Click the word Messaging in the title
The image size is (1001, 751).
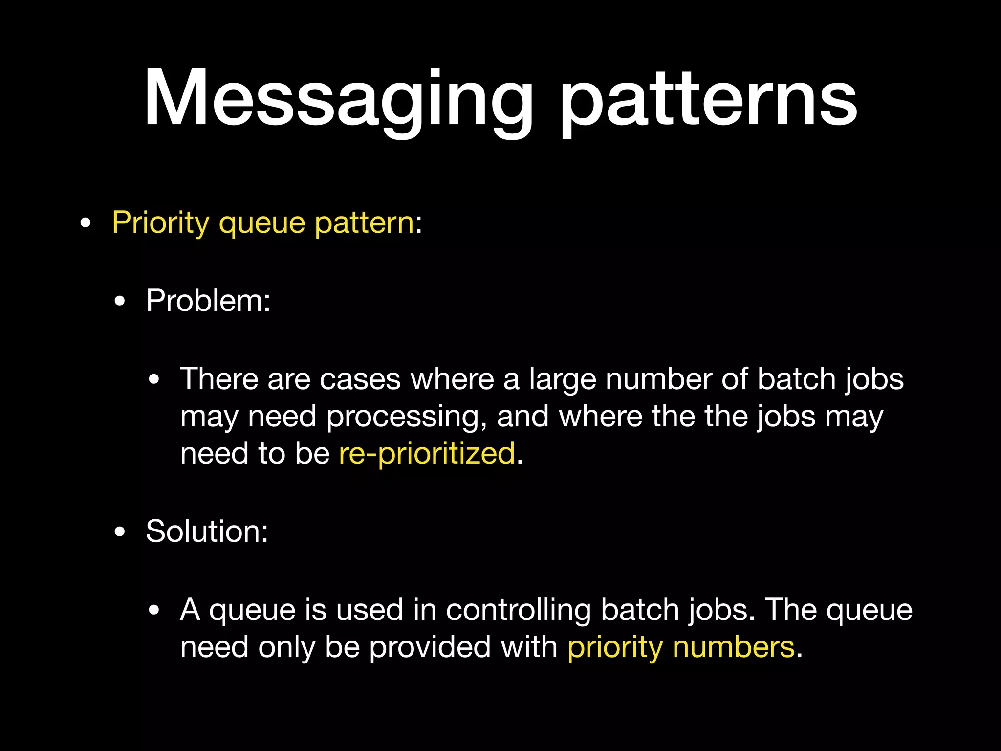337,100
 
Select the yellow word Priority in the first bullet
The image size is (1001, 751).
160,223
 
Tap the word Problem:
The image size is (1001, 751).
208,300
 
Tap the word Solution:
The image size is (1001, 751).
207,531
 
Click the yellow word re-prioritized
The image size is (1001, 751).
427,453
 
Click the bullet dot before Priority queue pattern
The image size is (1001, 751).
86,224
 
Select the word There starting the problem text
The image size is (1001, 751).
219,379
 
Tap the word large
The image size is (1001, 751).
562,380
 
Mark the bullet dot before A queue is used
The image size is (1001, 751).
154,610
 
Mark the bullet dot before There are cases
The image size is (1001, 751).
154,380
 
